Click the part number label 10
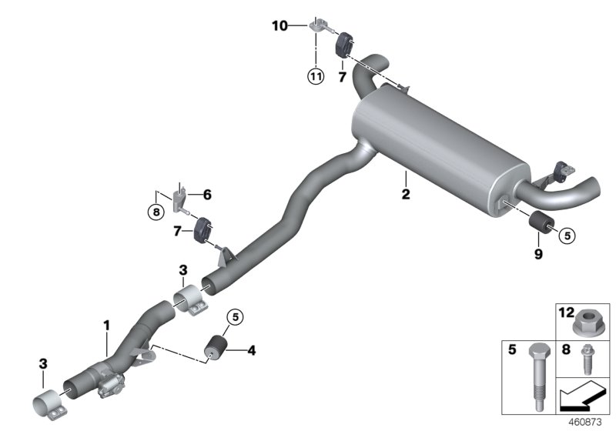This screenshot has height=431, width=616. coord(279,26)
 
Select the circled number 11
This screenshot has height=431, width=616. coord(315,75)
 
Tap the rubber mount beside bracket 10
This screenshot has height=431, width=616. coord(344,44)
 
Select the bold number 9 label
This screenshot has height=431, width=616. coord(537,253)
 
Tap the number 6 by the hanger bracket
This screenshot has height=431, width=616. coord(206,195)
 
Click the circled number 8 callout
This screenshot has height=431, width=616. coord(156,212)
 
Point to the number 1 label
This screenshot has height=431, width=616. coord(107,327)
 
